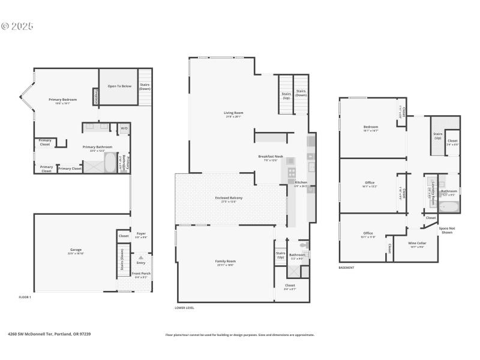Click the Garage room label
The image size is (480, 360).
[x=76, y=250]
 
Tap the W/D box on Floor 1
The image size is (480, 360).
[x=124, y=128]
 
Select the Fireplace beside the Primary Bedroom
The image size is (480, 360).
[x=95, y=96]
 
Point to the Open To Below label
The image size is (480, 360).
[x=119, y=86]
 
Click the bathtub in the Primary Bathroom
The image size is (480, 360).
[x=110, y=162]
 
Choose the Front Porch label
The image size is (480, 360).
[x=142, y=274]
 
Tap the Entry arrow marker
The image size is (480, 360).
[x=142, y=257]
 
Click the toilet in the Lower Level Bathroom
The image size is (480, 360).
[x=303, y=245]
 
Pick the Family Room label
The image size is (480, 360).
[x=225, y=261]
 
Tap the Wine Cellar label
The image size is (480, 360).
[x=417, y=243]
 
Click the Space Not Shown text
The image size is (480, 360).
[x=446, y=230]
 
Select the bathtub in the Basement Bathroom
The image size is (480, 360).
[x=449, y=208]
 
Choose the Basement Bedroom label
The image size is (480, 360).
[x=370, y=127]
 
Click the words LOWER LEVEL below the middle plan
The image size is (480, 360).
[x=184, y=308]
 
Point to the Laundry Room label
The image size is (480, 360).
[x=430, y=190]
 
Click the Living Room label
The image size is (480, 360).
[x=233, y=112]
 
